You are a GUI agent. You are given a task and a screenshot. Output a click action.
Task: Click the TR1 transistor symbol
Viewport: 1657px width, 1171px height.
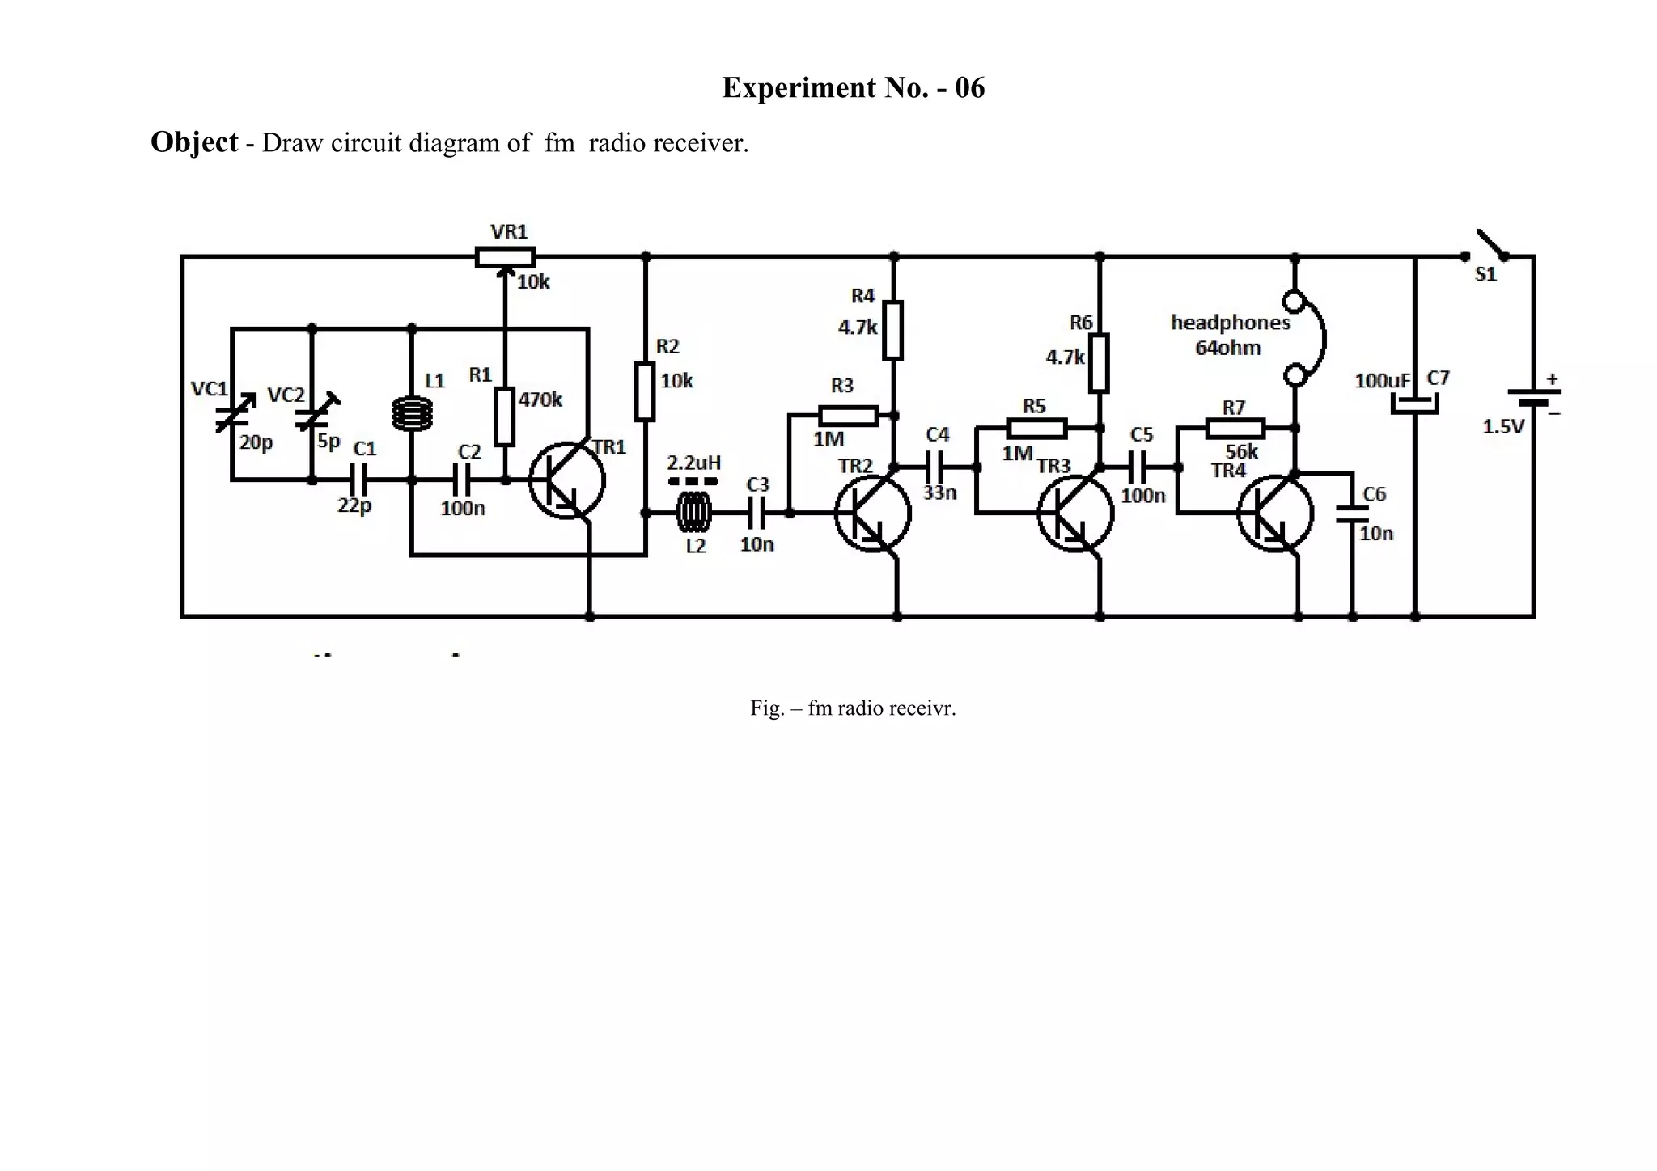point(566,480)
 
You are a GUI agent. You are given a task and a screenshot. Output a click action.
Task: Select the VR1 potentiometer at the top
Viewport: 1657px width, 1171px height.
point(504,257)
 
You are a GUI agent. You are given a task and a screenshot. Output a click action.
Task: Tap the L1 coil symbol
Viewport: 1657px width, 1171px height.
point(412,414)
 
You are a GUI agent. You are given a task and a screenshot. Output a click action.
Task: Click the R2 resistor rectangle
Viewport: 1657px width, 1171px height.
point(645,391)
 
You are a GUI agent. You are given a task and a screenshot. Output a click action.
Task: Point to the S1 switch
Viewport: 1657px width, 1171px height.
point(1487,247)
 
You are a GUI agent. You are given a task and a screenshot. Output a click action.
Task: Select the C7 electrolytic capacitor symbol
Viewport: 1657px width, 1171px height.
point(1414,404)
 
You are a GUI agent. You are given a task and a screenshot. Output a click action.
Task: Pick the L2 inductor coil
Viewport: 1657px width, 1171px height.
point(693,512)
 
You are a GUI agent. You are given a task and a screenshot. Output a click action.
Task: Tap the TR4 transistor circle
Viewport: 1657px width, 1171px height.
point(1275,514)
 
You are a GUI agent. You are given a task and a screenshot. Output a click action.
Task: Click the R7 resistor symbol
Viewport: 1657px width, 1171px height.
point(1235,428)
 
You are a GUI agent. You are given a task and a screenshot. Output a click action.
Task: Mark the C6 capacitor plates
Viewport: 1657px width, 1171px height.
point(1352,514)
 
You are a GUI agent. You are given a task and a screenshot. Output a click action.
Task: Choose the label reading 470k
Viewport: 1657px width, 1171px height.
point(540,399)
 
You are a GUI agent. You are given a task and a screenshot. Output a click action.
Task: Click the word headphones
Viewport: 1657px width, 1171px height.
point(1230,323)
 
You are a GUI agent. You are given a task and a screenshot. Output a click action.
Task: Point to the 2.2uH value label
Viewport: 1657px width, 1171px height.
point(693,463)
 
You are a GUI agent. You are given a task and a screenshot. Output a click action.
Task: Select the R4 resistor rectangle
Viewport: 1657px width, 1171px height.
point(892,330)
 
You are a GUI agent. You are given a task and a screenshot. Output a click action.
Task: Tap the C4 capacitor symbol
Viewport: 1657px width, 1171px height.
point(934,467)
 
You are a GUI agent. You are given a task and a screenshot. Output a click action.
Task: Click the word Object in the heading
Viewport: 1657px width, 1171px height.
point(194,142)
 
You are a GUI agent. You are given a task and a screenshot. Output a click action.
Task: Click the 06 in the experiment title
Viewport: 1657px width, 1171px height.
point(969,87)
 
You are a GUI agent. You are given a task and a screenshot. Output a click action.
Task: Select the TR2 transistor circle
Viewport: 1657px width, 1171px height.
point(872,514)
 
